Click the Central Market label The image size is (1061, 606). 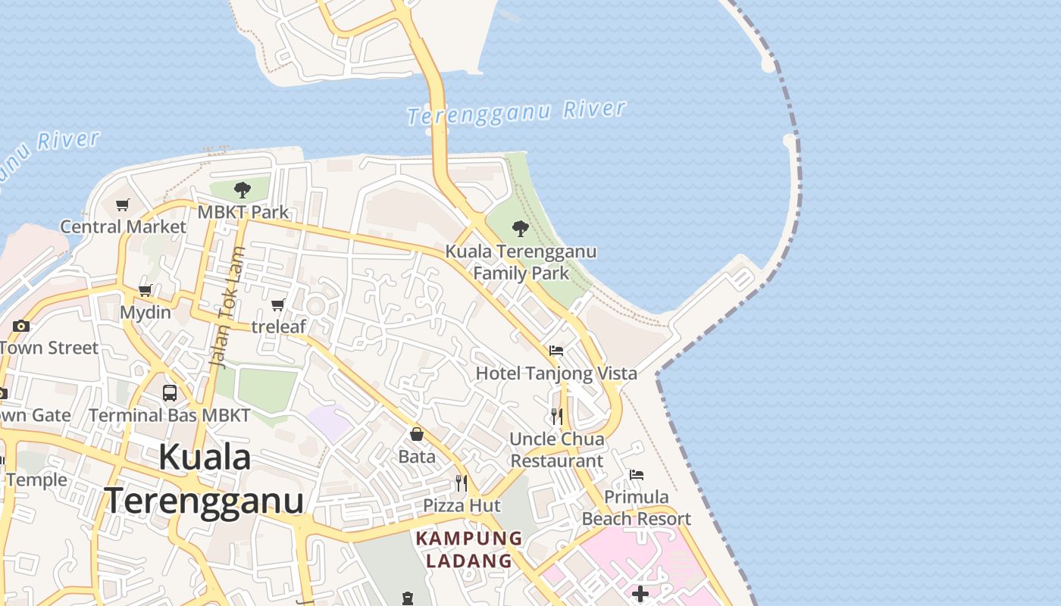[x=123, y=226]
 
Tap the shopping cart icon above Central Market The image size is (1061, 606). [x=123, y=205]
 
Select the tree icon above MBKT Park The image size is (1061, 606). [x=243, y=189]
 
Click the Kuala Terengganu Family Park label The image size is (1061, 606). [x=521, y=262]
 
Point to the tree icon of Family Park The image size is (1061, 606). [x=521, y=228]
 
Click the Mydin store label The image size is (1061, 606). [x=146, y=312]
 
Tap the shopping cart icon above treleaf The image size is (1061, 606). [x=278, y=305]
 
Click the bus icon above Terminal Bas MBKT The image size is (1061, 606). [x=170, y=393]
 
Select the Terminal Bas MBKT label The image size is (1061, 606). [x=170, y=415]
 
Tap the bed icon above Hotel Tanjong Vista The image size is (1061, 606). [x=556, y=351]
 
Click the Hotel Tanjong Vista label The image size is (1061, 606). [x=556, y=373]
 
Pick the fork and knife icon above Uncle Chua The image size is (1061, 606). [x=557, y=416]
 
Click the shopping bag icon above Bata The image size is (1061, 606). [x=417, y=434]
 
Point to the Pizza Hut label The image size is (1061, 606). [x=462, y=505]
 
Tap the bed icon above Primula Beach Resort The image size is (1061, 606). [x=637, y=475]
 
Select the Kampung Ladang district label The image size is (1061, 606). [x=469, y=550]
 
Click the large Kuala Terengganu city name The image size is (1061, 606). [x=205, y=479]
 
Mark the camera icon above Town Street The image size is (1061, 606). [x=21, y=326]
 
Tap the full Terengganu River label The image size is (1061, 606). [x=517, y=112]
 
